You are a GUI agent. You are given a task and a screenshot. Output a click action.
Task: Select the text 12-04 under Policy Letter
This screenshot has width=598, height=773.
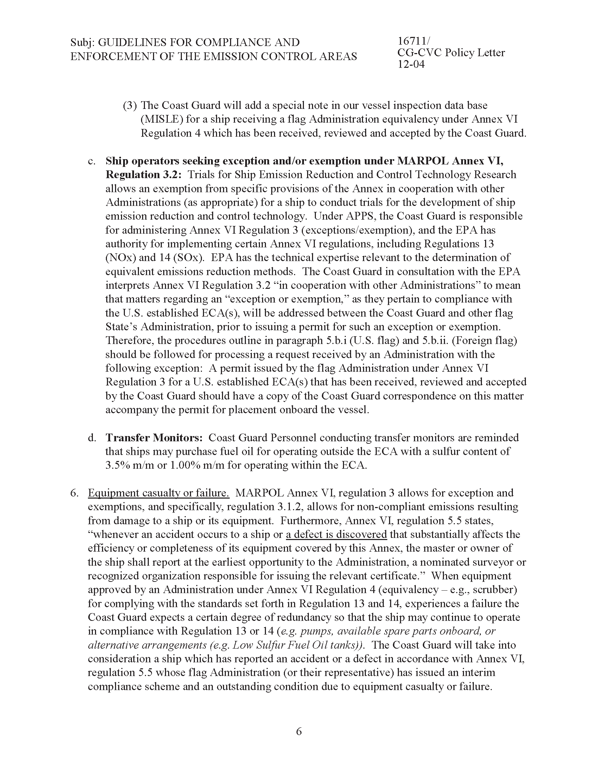click(411, 64)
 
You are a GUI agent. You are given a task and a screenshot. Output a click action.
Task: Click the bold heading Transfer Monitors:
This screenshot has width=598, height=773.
click(154, 438)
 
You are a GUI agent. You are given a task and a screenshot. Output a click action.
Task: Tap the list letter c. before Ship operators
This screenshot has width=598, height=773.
click(92, 161)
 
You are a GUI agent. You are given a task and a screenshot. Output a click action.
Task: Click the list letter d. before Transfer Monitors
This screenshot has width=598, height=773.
click(92, 438)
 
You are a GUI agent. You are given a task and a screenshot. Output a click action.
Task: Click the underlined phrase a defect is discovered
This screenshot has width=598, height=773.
click(336, 534)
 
